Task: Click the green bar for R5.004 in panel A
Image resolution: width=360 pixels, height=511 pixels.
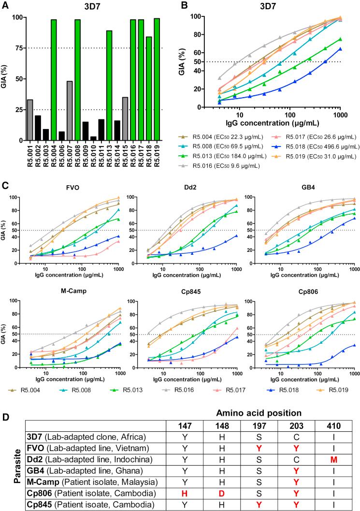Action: [x=54, y=80]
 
